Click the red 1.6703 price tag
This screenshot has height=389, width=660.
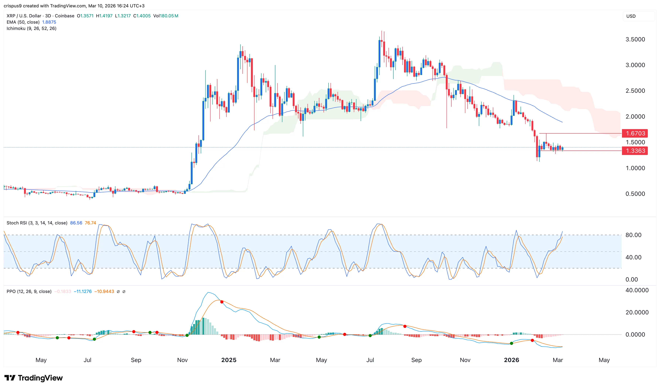coord(635,133)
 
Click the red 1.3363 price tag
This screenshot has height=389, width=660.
coord(635,151)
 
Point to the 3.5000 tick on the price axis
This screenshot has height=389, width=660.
coord(635,40)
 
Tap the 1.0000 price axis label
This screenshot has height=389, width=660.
coord(635,168)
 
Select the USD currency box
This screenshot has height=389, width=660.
coord(631,16)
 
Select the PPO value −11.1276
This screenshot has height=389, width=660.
coord(83,291)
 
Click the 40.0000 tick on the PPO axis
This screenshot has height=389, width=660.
coord(637,290)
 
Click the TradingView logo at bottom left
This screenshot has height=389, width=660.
coord(34,378)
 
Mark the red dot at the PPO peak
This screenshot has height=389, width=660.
coord(222,302)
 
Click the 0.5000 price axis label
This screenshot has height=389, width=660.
coord(635,194)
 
